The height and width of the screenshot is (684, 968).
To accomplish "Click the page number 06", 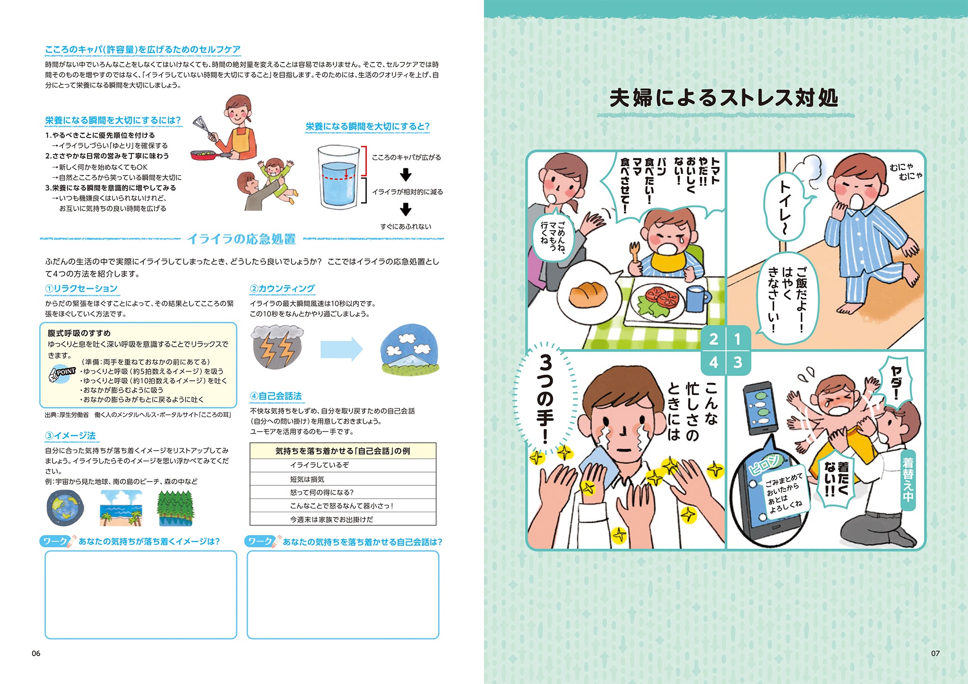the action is point(36,653).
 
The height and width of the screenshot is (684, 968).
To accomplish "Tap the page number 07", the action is point(935,653).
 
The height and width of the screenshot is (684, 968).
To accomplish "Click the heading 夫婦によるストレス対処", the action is point(724,98).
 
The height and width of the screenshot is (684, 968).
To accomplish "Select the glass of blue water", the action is point(339,177).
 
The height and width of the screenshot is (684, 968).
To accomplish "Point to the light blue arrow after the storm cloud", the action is point(342,350).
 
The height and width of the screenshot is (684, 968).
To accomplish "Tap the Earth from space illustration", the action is point(65,508).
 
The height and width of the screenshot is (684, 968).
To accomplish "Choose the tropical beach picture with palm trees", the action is point(121,508).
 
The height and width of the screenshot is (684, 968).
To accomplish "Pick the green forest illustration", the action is point(175,508).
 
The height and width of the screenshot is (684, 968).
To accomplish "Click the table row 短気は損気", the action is point(343,479).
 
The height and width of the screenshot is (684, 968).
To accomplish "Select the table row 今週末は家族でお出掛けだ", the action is point(343,519).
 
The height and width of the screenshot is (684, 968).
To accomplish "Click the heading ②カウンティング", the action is point(282,289).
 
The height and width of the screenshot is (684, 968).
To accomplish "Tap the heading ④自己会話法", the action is point(276,396).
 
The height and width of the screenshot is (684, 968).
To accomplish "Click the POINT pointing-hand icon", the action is point(61,373).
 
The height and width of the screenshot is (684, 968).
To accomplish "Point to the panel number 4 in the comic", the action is point(713,363).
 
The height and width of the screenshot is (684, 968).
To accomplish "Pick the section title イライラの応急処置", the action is point(242,239).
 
